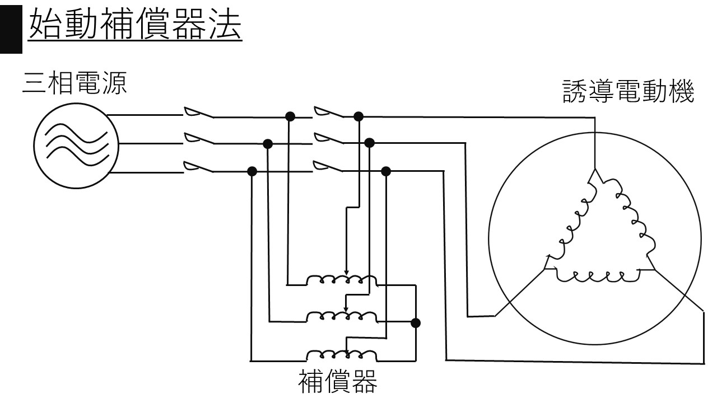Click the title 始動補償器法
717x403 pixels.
point(134,25)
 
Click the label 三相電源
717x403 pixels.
point(75,84)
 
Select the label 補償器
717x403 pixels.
point(337,382)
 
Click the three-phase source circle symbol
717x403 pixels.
point(76,144)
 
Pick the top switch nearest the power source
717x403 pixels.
point(198,113)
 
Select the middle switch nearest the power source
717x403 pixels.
point(198,140)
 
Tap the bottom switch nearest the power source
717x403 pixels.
point(198,167)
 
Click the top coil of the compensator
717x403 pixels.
point(342,280)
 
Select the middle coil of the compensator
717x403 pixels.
point(342,316)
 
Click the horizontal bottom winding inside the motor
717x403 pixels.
point(597,275)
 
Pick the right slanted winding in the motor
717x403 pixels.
point(630,218)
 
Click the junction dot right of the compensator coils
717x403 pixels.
point(415,323)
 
